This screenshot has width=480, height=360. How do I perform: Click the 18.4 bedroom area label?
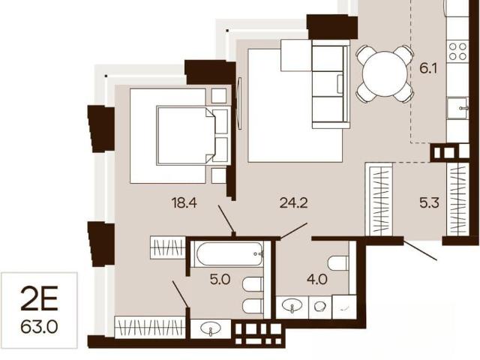[184, 203]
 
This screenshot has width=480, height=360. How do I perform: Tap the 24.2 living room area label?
[293, 202]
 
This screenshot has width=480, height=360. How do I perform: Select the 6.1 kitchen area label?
[428, 68]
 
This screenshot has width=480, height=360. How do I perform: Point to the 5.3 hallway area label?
[429, 202]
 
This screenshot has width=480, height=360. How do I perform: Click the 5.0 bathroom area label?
[220, 279]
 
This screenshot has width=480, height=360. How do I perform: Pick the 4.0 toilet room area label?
[317, 279]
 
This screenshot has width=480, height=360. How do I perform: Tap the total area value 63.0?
[39, 327]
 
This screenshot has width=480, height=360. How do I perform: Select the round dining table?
[384, 73]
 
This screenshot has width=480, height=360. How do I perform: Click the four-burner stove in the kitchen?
[457, 52]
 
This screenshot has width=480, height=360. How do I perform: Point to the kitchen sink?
[457, 108]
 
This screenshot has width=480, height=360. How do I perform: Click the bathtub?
[230, 253]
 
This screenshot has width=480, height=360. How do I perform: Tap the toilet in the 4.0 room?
[337, 263]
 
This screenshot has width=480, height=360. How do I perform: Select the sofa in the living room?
[331, 84]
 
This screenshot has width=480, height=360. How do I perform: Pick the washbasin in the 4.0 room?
[292, 305]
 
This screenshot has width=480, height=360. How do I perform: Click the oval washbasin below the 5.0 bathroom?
[211, 328]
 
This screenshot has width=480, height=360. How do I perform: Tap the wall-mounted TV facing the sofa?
[240, 103]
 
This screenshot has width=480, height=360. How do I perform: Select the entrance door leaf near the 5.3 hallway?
[420, 250]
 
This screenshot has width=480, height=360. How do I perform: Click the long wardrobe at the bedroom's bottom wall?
[150, 327]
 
